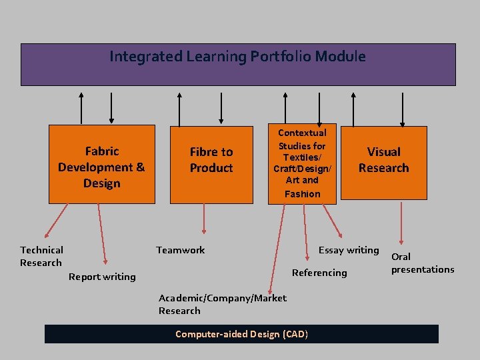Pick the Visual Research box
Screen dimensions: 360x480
click(383, 160)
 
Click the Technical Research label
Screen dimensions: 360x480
click(41, 256)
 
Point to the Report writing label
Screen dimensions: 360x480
click(102, 277)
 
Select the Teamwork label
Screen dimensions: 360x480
click(180, 250)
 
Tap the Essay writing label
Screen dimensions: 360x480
click(348, 250)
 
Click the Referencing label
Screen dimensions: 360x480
click(319, 272)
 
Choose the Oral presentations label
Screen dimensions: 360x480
click(422, 263)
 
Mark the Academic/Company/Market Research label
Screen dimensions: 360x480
click(222, 304)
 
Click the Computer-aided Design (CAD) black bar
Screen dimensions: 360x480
click(241, 333)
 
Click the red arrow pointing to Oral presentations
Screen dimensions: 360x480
click(401, 223)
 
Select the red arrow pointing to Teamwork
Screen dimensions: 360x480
click(205, 220)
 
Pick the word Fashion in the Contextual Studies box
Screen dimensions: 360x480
click(302, 194)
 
